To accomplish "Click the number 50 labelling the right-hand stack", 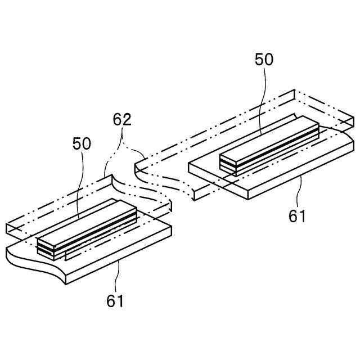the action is click(x=264, y=60).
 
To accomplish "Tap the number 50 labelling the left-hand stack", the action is click(x=82, y=143).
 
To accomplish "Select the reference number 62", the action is click(x=122, y=119).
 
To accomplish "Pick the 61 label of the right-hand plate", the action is click(x=296, y=216).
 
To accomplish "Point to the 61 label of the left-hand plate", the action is click(x=115, y=301).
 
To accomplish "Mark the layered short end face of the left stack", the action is click(x=46, y=247).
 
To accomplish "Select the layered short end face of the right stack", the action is click(x=227, y=164).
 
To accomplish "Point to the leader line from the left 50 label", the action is click(x=82, y=186).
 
